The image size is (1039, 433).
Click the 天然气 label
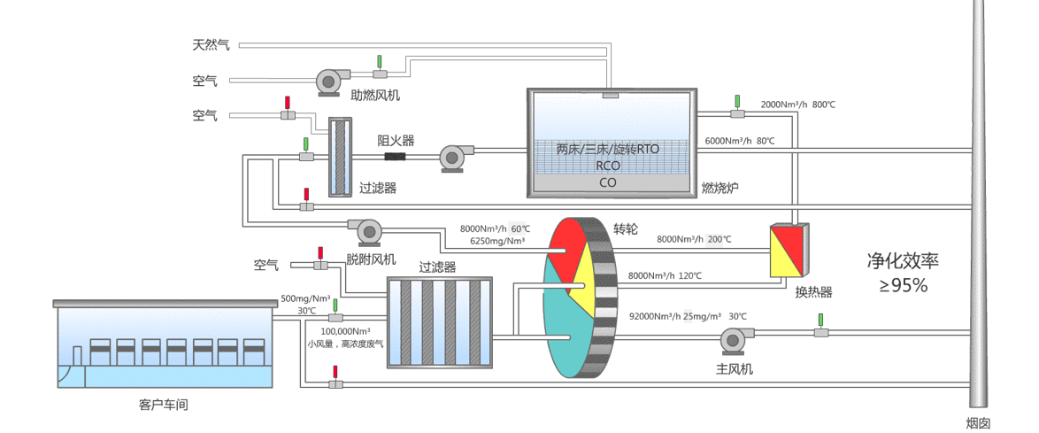click(211, 44)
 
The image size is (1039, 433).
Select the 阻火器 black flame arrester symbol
click(394, 158)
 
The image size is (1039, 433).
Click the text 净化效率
click(902, 261)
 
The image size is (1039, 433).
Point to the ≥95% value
click(902, 285)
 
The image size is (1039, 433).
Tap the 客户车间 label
click(164, 405)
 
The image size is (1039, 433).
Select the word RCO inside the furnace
click(607, 166)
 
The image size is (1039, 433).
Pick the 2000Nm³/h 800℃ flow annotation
click(797, 104)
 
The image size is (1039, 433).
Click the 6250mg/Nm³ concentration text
click(497, 241)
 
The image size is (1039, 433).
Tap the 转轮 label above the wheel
click(625, 228)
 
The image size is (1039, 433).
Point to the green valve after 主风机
click(821, 331)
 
